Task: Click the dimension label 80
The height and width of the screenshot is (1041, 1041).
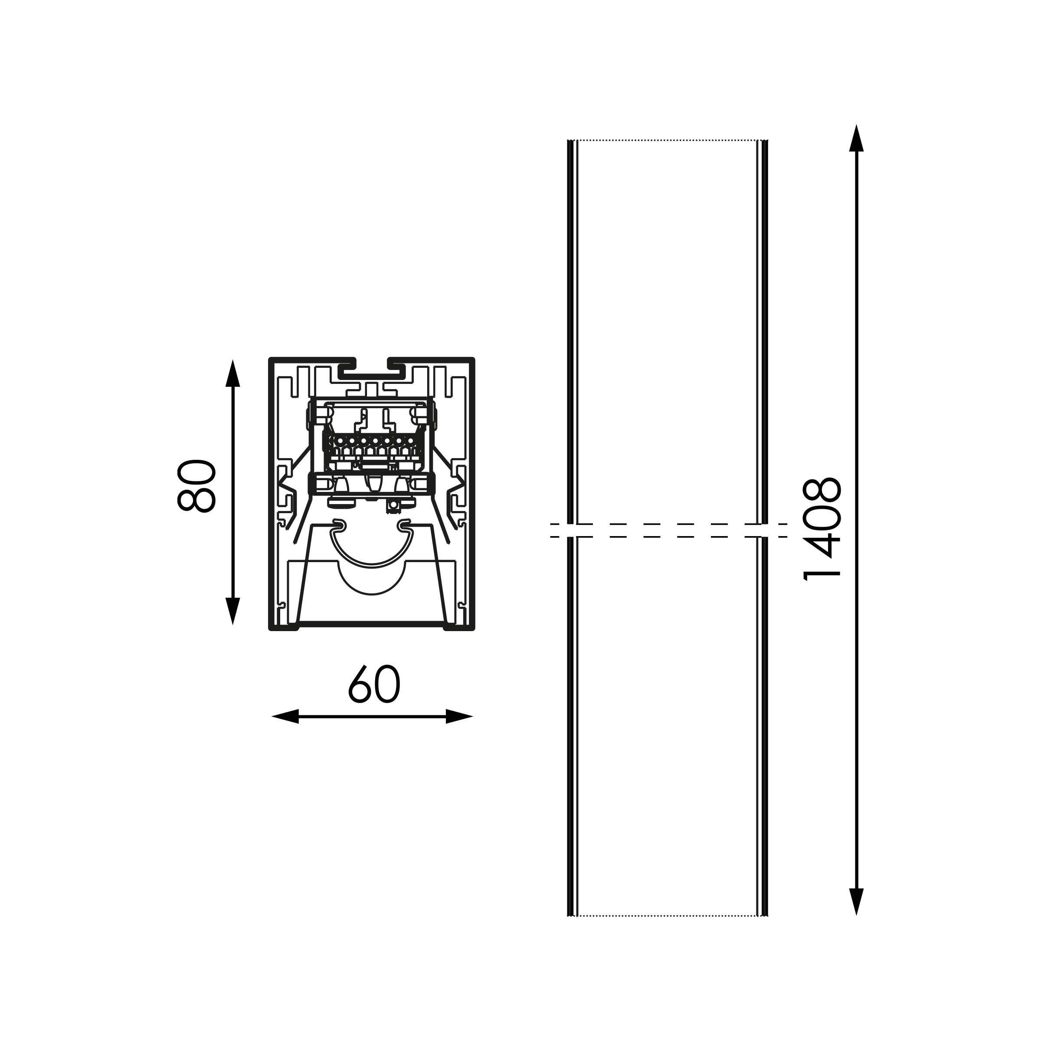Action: [x=196, y=486]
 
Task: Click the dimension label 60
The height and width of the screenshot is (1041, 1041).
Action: [x=374, y=684]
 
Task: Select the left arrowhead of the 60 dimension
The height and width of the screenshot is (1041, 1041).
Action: [x=285, y=717]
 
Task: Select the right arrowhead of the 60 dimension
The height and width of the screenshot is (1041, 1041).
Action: [x=460, y=717]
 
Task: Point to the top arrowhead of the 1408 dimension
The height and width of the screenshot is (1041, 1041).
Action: [x=856, y=138]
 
